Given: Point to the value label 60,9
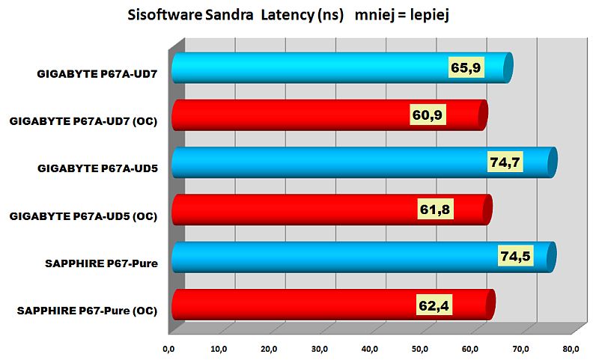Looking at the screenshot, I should [428, 115].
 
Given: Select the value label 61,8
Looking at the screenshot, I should [435, 210].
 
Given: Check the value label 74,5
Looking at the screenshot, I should [515, 257].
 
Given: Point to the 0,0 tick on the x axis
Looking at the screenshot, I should [168, 348].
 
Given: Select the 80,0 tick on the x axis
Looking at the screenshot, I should [571, 348].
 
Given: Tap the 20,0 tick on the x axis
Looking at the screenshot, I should [219, 348].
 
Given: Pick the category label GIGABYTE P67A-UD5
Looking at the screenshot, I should [97, 169].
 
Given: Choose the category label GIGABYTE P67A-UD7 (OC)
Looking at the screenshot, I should [83, 122].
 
